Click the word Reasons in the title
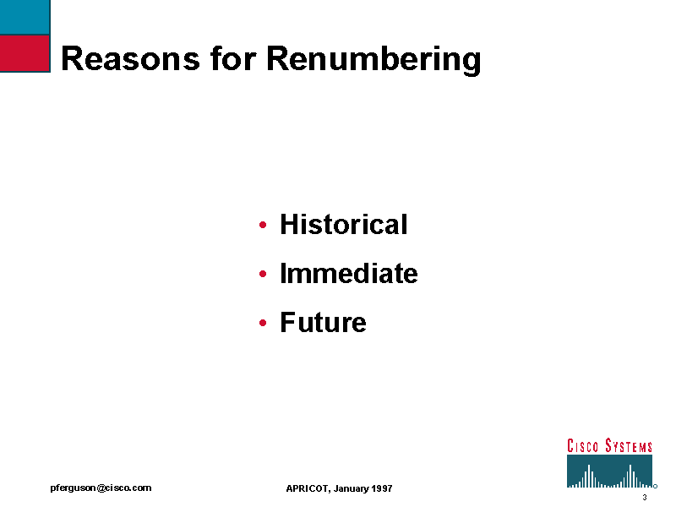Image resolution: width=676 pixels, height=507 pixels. [131, 58]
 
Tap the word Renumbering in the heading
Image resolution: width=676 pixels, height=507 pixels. [373, 59]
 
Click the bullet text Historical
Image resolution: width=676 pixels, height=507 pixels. [344, 224]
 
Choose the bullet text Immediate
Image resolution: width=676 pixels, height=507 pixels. [349, 273]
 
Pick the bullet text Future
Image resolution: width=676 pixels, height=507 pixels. [323, 322]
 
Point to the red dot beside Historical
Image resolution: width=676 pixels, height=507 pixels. [263, 225]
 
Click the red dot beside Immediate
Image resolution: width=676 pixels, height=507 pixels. [263, 274]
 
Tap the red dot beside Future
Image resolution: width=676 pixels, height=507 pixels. [263, 323]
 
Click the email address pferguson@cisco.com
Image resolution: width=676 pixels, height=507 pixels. [101, 488]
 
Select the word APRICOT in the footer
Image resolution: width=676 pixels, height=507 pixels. [308, 488]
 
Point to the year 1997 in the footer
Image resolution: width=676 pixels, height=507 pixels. [382, 488]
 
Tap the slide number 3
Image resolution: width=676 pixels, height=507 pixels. [645, 498]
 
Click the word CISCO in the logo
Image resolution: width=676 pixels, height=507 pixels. [582, 446]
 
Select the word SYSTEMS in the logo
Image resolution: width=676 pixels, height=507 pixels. [629, 446]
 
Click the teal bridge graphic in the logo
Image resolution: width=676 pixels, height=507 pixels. [609, 472]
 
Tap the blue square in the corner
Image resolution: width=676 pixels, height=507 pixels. [25, 17]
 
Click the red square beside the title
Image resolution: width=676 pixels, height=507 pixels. [25, 53]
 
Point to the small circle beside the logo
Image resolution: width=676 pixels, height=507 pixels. [656, 487]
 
